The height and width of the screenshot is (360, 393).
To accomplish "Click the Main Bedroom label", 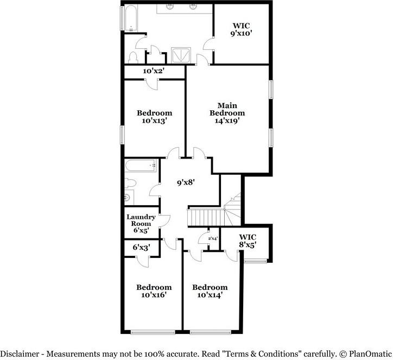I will [227, 109].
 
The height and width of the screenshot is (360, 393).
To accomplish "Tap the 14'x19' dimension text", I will [227, 121].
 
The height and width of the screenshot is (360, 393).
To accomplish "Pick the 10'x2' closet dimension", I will [154, 71].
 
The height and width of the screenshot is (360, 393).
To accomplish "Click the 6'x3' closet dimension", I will [142, 248].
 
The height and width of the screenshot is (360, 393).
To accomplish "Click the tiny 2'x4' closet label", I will [212, 238].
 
